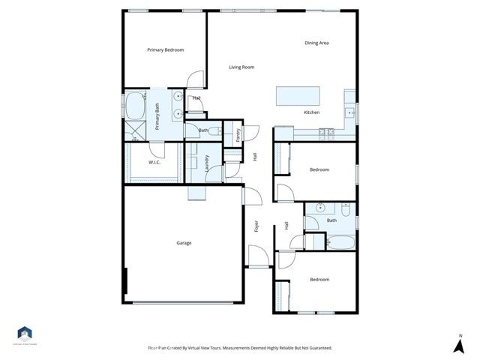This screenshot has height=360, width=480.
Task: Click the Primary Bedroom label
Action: [165, 50]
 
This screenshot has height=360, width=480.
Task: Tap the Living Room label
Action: [241, 67]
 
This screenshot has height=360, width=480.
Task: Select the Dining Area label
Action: [316, 43]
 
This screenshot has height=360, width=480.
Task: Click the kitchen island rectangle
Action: [298, 96]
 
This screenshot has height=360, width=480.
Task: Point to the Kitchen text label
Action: [311, 112]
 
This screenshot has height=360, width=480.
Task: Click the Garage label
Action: [184, 243]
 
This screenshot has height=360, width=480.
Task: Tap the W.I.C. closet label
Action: [154, 162]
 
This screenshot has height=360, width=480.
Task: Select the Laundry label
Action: [206, 164]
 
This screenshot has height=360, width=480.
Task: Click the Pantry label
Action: [238, 135]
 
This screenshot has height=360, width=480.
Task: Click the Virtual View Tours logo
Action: [25, 334]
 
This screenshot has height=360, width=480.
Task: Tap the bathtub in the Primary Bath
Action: [136, 106]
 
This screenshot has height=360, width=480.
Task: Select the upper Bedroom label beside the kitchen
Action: [319, 169]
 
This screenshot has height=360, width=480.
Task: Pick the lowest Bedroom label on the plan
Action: [319, 280]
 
